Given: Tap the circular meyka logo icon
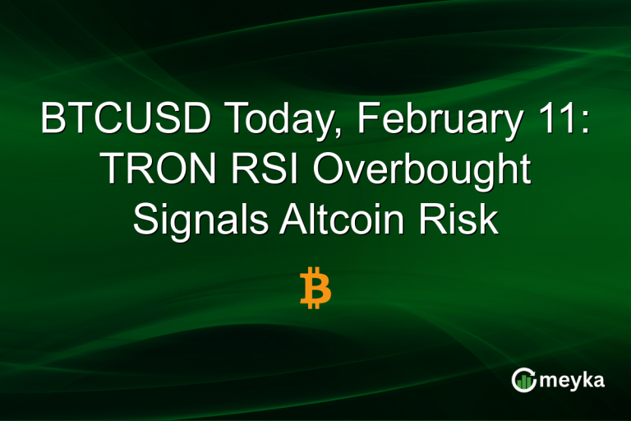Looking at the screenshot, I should (523, 379).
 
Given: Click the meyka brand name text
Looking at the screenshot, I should (572, 380).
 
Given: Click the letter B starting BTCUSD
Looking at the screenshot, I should (53, 121).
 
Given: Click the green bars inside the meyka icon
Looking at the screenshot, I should (523, 382).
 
